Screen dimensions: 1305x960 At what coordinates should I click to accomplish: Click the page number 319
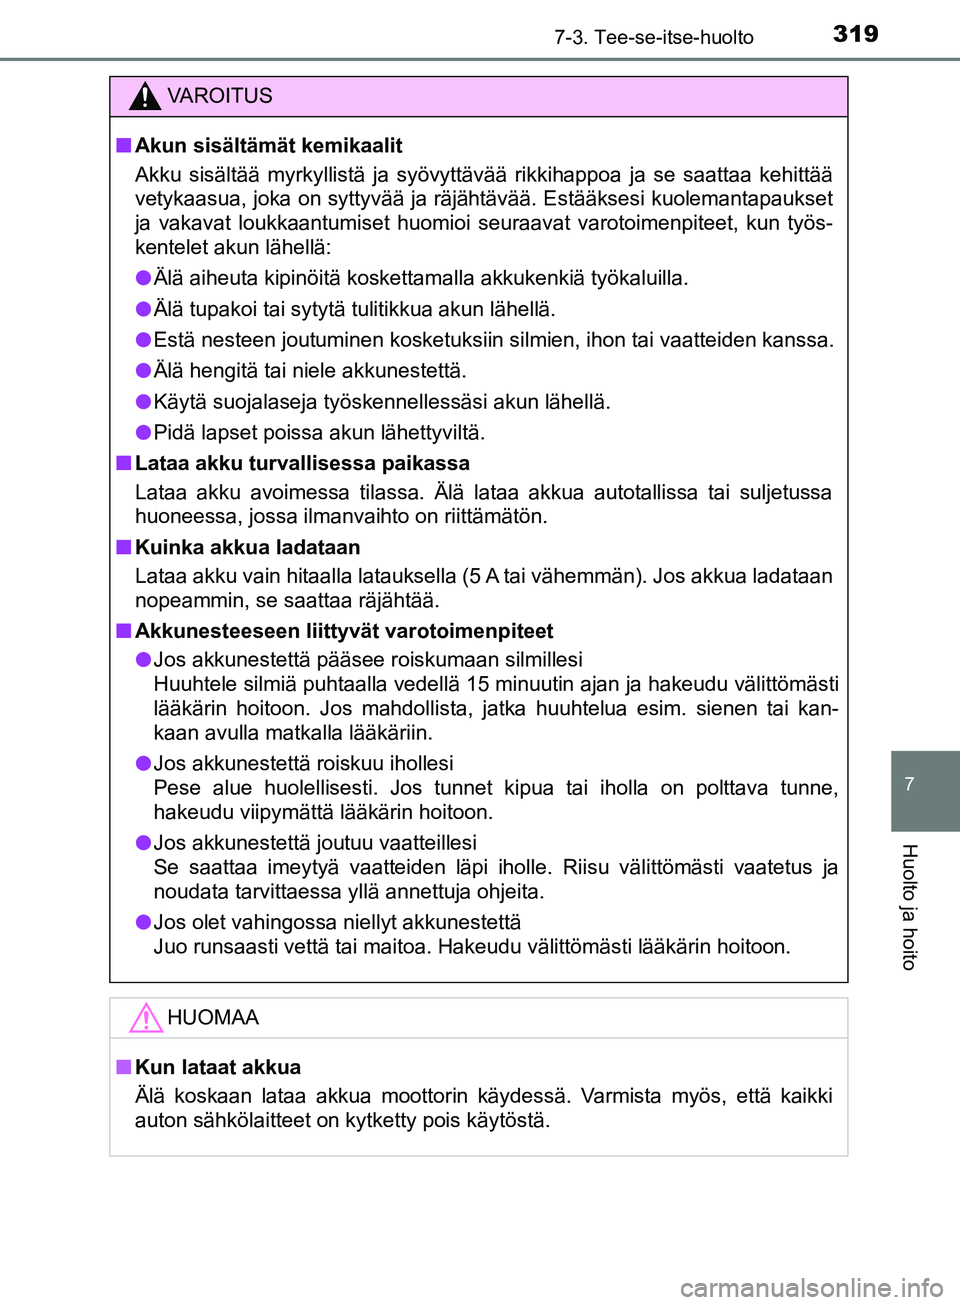(x=855, y=34)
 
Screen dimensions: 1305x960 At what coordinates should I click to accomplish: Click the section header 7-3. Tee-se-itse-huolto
(x=654, y=37)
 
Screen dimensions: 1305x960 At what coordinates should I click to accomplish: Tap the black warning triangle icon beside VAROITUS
(x=145, y=96)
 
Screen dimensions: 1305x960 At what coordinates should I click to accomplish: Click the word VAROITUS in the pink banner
(x=219, y=96)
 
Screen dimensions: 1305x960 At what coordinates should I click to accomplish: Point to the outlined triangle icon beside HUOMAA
(x=145, y=1017)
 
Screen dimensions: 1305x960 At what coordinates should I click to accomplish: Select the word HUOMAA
(x=213, y=1018)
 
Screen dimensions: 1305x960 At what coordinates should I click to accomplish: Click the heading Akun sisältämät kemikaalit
(x=268, y=146)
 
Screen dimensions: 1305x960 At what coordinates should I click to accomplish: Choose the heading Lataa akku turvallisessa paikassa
(x=302, y=464)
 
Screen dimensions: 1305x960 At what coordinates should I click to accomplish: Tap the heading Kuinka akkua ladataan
(x=247, y=548)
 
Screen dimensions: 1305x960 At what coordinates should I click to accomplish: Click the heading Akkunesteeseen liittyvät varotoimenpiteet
(x=344, y=632)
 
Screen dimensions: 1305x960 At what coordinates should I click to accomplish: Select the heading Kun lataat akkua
(x=218, y=1068)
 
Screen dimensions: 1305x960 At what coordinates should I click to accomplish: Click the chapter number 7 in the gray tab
(x=909, y=784)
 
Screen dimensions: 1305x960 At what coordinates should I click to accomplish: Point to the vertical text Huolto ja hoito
(x=909, y=906)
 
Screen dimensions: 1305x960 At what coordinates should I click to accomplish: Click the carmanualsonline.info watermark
(x=811, y=1288)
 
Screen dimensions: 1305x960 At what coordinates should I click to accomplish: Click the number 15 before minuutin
(x=477, y=684)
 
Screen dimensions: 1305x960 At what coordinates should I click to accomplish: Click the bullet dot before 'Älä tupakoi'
(x=144, y=309)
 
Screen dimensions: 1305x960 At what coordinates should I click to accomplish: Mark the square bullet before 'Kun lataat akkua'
(x=123, y=1067)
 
